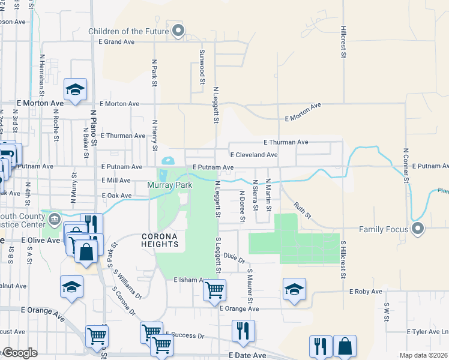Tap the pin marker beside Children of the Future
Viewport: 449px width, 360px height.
[x=178, y=31]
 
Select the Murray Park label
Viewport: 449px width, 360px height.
[x=170, y=185]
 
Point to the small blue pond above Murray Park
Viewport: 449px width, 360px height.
[x=167, y=161]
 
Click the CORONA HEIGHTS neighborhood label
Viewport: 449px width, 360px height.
[x=160, y=240]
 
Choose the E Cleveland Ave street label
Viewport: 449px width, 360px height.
[x=253, y=155]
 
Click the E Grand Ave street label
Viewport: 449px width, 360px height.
[x=117, y=43]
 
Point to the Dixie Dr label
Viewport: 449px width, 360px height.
[x=234, y=258]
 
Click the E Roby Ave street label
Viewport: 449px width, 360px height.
[x=366, y=292]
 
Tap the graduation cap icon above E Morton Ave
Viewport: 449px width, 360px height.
[x=76, y=89]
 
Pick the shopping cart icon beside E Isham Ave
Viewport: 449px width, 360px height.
[x=214, y=290]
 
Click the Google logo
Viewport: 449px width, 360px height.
[x=20, y=353]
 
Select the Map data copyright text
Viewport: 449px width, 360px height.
[x=423, y=355]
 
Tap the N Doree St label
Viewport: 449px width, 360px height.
[x=242, y=206]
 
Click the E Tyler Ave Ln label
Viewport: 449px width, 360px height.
[x=427, y=332]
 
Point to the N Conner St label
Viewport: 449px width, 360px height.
[x=406, y=165]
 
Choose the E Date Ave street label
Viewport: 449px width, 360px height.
[x=247, y=356]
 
